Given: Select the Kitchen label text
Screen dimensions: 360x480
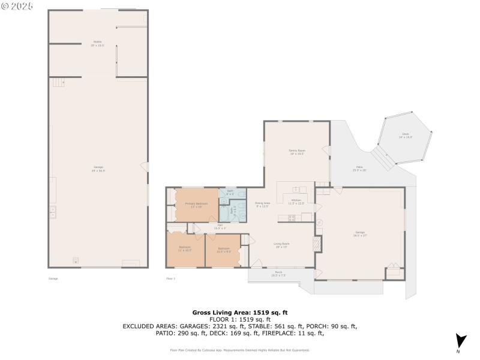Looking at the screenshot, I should pos(296,201).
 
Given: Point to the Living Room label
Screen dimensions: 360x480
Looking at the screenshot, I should pos(282,244).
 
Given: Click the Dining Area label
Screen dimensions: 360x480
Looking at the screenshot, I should pos(262,204).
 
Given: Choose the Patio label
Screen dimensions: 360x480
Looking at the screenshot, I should pos(359,169).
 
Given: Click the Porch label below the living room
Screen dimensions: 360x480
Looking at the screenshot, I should pos(278,274).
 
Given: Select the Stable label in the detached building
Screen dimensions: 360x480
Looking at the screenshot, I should pos(97,43).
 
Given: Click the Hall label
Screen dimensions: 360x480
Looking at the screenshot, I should pos(220,226).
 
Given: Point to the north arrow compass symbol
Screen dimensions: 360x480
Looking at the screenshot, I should pos(460,340).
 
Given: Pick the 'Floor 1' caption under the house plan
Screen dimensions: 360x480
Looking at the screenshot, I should pos(170,278).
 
